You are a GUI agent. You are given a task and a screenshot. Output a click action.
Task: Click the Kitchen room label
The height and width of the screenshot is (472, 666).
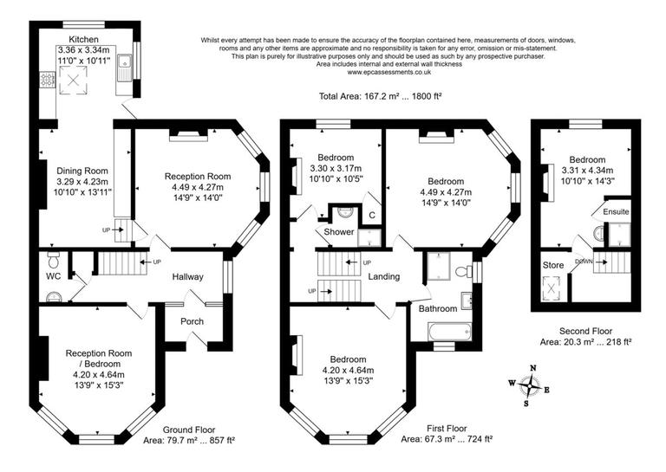[x=84, y=40]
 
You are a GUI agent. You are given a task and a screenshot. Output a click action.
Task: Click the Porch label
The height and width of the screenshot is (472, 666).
[x=191, y=321]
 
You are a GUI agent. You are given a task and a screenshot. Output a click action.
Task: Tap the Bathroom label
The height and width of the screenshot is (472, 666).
[x=438, y=308]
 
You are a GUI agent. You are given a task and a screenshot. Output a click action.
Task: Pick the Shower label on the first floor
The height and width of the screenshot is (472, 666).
[x=338, y=232]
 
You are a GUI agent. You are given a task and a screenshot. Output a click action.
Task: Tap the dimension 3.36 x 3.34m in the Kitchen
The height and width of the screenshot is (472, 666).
[x=85, y=50]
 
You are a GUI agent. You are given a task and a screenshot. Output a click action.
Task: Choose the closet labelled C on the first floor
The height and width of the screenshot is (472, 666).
[x=371, y=214]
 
